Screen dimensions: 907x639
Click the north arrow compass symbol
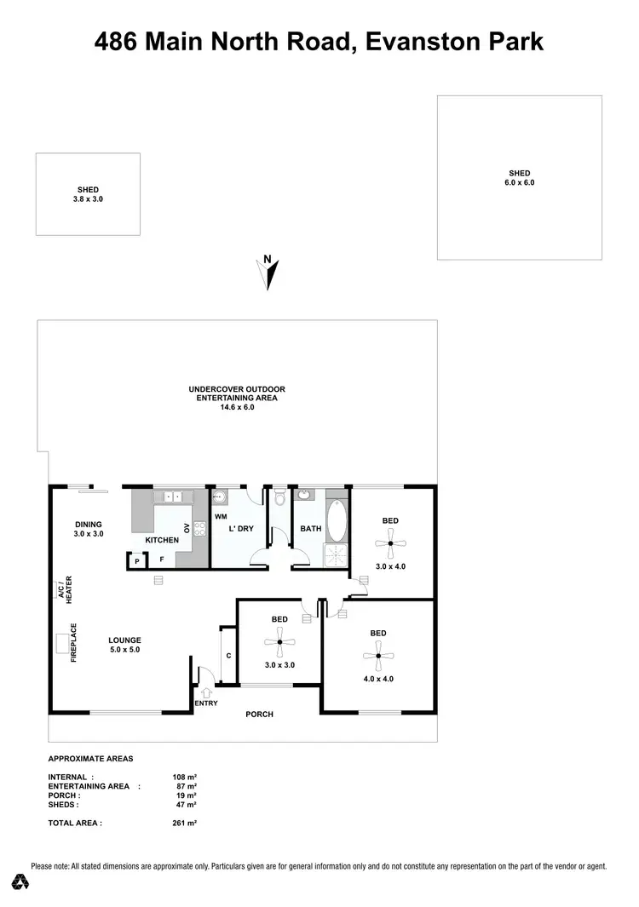point(268,273)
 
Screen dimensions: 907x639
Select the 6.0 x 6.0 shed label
point(520,182)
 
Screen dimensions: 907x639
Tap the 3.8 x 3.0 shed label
point(88,198)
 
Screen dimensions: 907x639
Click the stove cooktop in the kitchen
point(200,528)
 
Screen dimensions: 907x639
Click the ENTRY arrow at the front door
point(204,692)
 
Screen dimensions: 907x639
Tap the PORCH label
point(259,714)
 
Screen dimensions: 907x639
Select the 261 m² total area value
point(184,824)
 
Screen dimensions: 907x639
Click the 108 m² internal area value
point(185,777)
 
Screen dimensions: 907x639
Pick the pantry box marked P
point(136,561)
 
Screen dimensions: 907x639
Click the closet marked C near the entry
point(228,655)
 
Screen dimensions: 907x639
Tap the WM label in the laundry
point(221,516)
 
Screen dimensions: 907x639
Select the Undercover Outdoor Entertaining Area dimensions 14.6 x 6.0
point(237,407)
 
